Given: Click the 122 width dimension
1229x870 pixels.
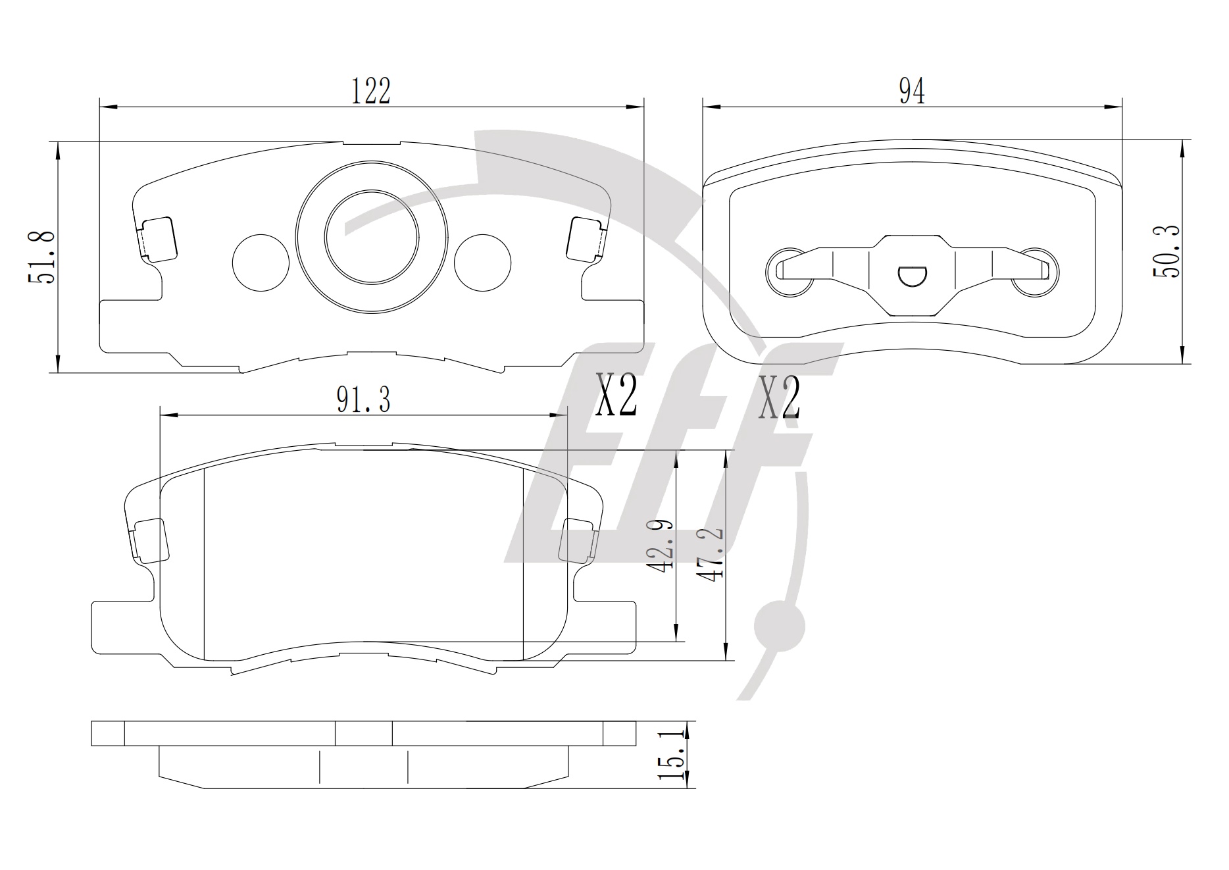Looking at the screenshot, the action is point(370,91).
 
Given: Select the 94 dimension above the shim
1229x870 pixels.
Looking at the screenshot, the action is point(912,91).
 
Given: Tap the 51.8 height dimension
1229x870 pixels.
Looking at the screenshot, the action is point(41,257).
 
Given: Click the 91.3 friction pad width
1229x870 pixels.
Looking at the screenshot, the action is point(363,399).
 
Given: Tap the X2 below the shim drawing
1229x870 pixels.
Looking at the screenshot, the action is point(779,397).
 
